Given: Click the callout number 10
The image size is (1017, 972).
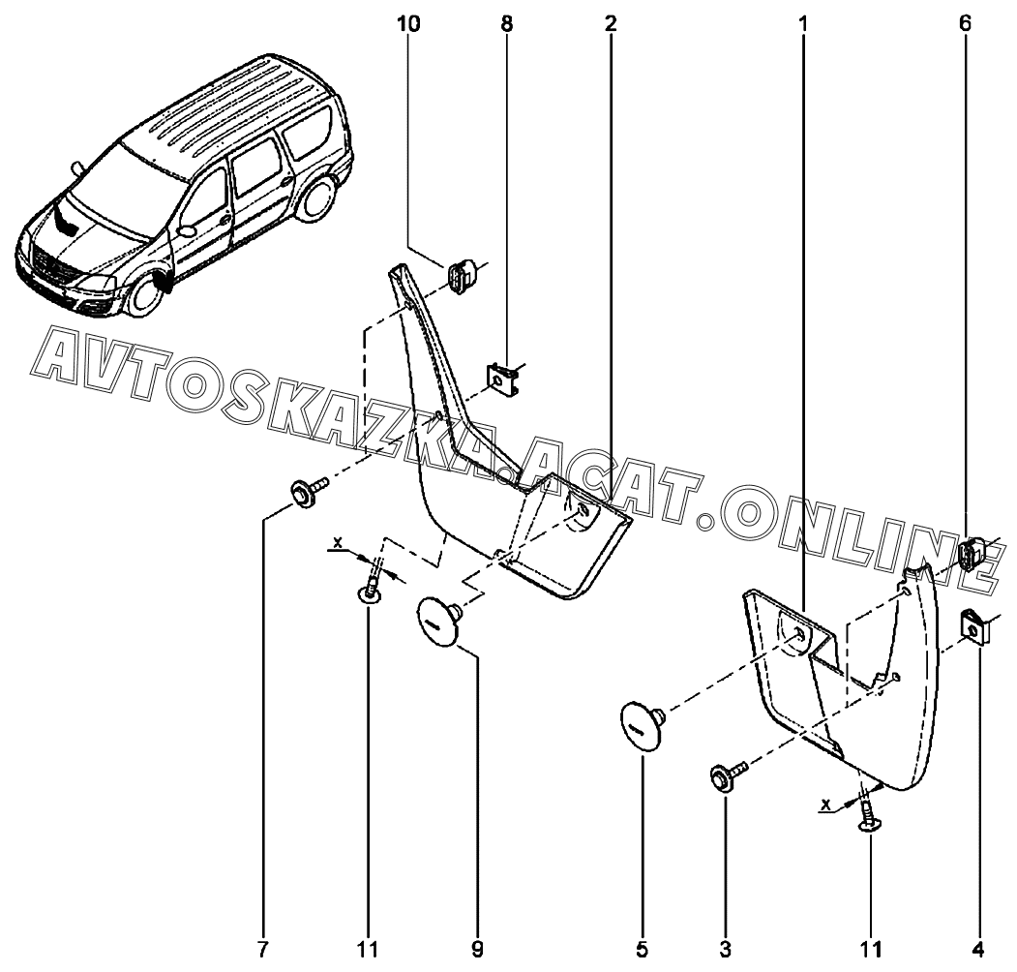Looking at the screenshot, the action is pyautogui.click(x=409, y=24).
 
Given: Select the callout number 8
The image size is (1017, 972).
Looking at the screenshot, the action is pyautogui.click(x=506, y=24).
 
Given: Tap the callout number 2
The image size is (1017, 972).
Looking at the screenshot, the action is pyautogui.click(x=610, y=24).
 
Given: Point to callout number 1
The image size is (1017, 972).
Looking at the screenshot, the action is pyautogui.click(x=802, y=24).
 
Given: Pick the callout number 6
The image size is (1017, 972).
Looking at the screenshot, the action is pyautogui.click(x=965, y=24).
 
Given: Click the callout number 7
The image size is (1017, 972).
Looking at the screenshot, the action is pyautogui.click(x=262, y=950).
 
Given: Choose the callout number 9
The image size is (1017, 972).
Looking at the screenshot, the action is pyautogui.click(x=477, y=950).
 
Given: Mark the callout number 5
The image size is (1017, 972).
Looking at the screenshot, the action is pyautogui.click(x=642, y=950).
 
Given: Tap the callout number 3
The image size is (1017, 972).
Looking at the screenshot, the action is pyautogui.click(x=725, y=950).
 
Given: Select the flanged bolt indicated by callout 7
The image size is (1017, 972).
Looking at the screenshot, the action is pyautogui.click(x=308, y=491).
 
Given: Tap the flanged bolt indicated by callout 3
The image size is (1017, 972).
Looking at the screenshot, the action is pyautogui.click(x=728, y=774).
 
